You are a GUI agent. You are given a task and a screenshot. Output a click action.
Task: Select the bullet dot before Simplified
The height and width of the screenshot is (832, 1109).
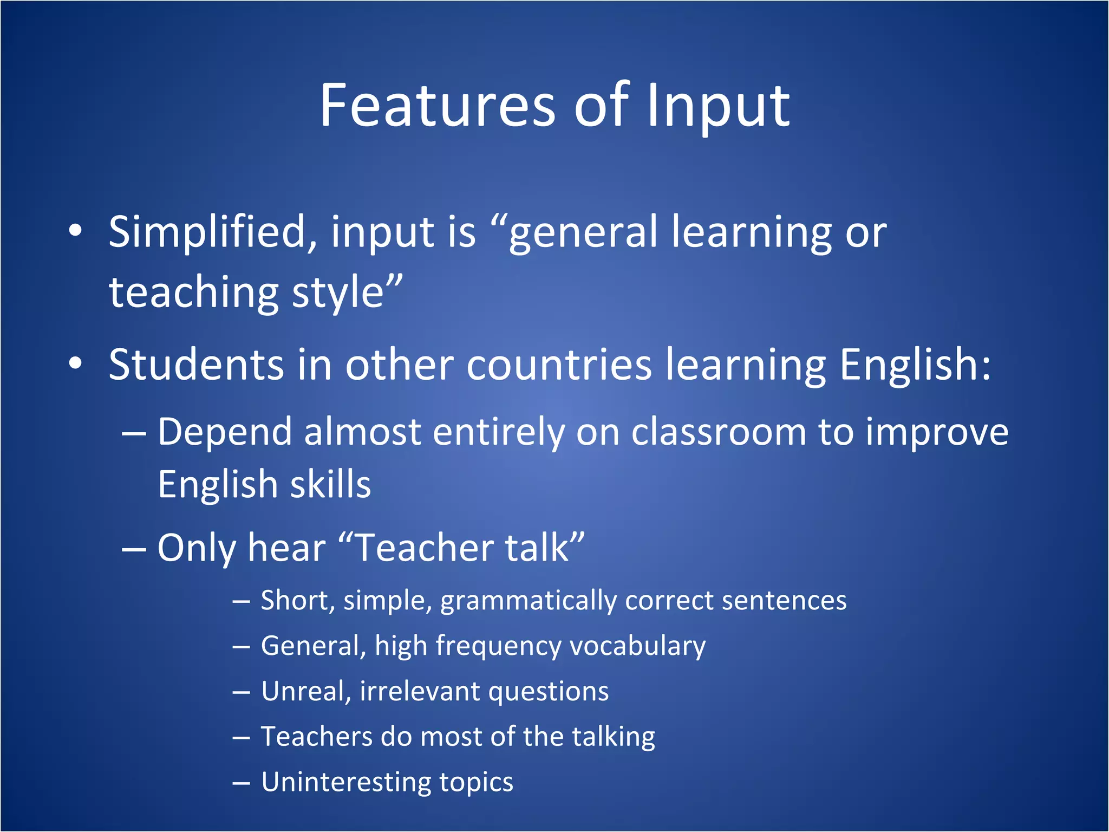click(x=75, y=231)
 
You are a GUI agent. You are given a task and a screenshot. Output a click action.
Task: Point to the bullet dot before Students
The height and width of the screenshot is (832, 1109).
click(x=75, y=364)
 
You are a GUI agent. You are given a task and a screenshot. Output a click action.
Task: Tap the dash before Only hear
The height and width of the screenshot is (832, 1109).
click(x=134, y=549)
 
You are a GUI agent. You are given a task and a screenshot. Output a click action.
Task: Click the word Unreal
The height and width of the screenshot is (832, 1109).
click(x=305, y=692)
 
